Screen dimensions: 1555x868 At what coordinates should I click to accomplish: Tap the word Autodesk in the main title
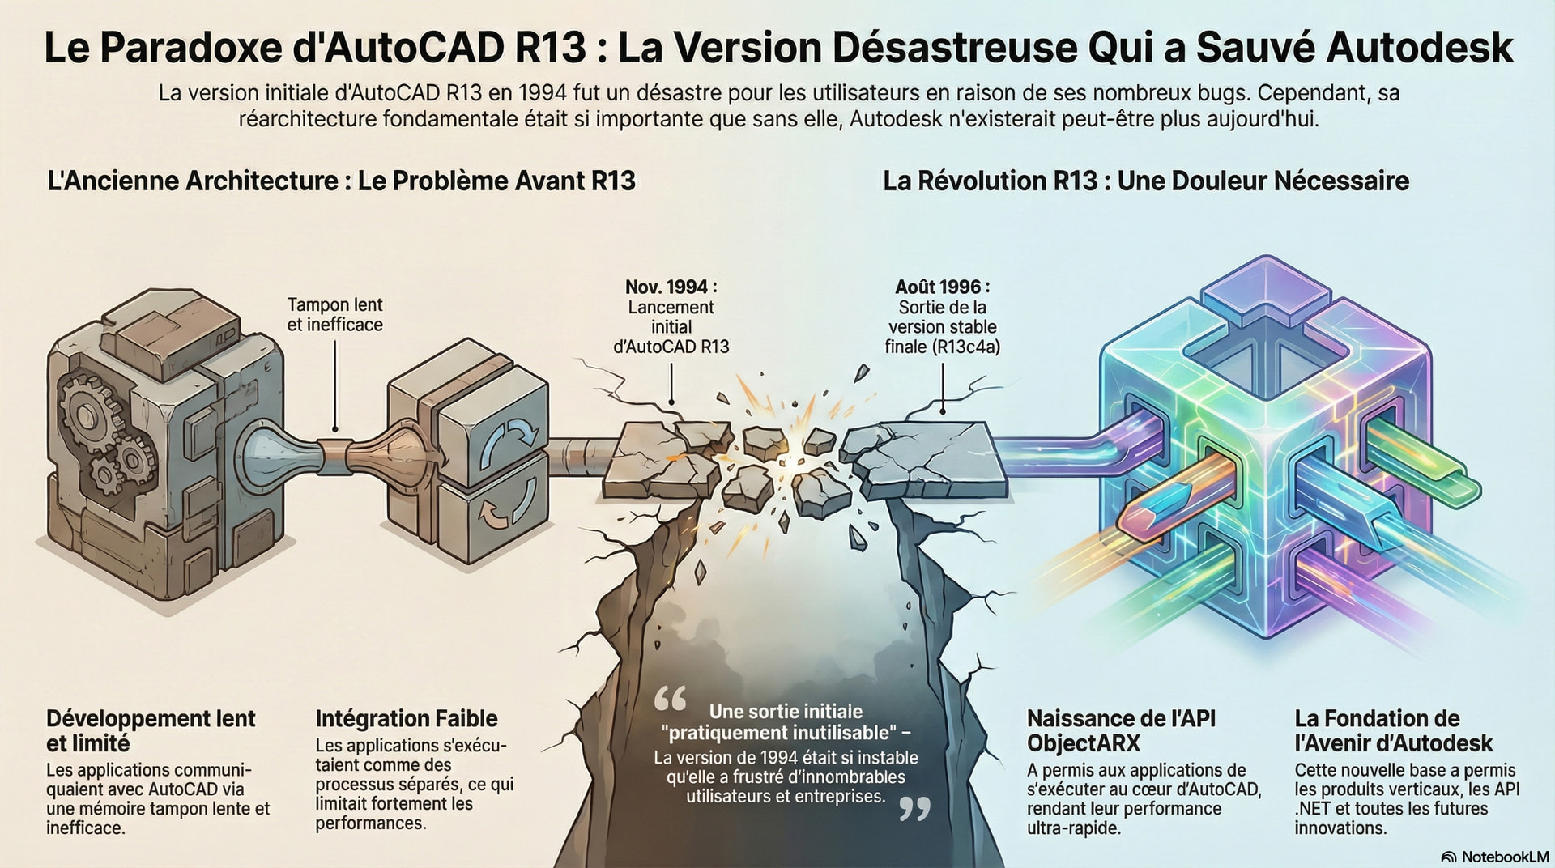pyautogui.click(x=1420, y=48)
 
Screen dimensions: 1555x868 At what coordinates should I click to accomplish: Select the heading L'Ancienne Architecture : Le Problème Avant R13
pyautogui.click(x=342, y=180)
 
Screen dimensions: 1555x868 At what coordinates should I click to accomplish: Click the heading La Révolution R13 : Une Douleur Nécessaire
pyautogui.click(x=1146, y=180)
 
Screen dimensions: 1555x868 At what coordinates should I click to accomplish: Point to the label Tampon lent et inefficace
pyautogui.click(x=335, y=315)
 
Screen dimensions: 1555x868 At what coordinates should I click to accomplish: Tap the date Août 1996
pyautogui.click(x=942, y=287)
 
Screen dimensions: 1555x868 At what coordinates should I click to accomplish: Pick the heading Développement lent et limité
pyautogui.click(x=151, y=730)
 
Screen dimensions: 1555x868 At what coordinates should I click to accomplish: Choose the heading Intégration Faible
pyautogui.click(x=407, y=718)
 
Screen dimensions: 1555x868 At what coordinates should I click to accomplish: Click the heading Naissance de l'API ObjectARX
pyautogui.click(x=1121, y=730)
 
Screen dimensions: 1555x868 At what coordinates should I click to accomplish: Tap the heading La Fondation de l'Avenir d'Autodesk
pyautogui.click(x=1394, y=730)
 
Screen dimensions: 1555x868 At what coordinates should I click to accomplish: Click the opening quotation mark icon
pyautogui.click(x=670, y=699)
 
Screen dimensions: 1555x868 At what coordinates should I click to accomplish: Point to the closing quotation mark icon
pyautogui.click(x=914, y=809)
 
